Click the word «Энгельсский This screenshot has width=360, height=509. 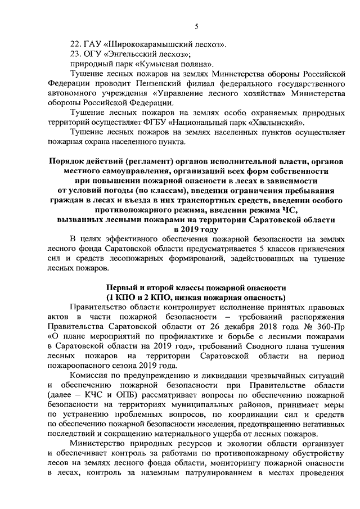tap(132, 54)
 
